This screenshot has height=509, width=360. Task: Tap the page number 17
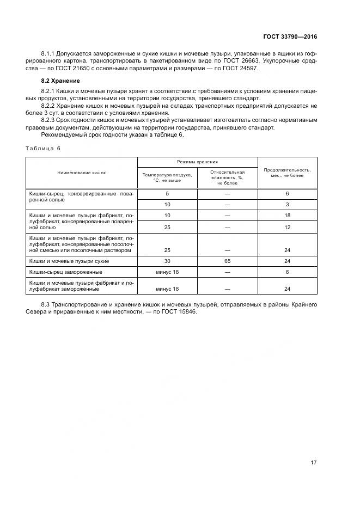(313, 462)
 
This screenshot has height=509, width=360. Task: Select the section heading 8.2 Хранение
(57, 81)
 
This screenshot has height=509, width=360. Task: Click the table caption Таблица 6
(42, 148)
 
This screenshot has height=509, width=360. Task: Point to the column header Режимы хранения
(197, 162)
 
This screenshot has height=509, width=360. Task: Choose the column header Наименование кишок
(82, 172)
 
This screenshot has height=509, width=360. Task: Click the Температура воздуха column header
(167, 177)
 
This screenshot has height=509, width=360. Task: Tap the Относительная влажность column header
(227, 177)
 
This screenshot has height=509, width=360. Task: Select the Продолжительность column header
(287, 172)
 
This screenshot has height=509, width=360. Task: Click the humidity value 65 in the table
(227, 261)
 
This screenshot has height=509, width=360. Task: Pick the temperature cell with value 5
(167, 194)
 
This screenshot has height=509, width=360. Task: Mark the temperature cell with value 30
(167, 261)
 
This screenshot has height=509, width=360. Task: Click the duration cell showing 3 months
(287, 204)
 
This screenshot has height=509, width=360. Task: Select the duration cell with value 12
(287, 227)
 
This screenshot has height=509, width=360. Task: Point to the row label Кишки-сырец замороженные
(66, 272)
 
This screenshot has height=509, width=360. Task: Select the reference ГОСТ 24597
(243, 68)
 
